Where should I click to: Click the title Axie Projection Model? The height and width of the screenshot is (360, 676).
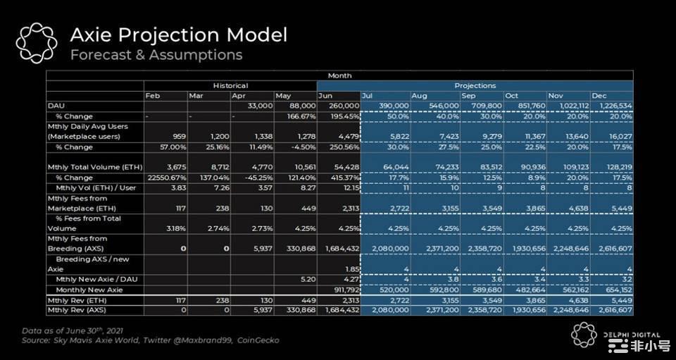coord(177,35)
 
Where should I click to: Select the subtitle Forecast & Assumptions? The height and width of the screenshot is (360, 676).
coord(156,55)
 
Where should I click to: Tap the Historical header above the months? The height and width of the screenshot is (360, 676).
coord(230,85)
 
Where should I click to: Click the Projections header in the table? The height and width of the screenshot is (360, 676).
coord(475,85)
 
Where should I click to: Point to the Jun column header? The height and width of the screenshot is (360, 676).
coord(325,96)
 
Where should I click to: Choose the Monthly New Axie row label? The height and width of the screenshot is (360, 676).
coord(89,290)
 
